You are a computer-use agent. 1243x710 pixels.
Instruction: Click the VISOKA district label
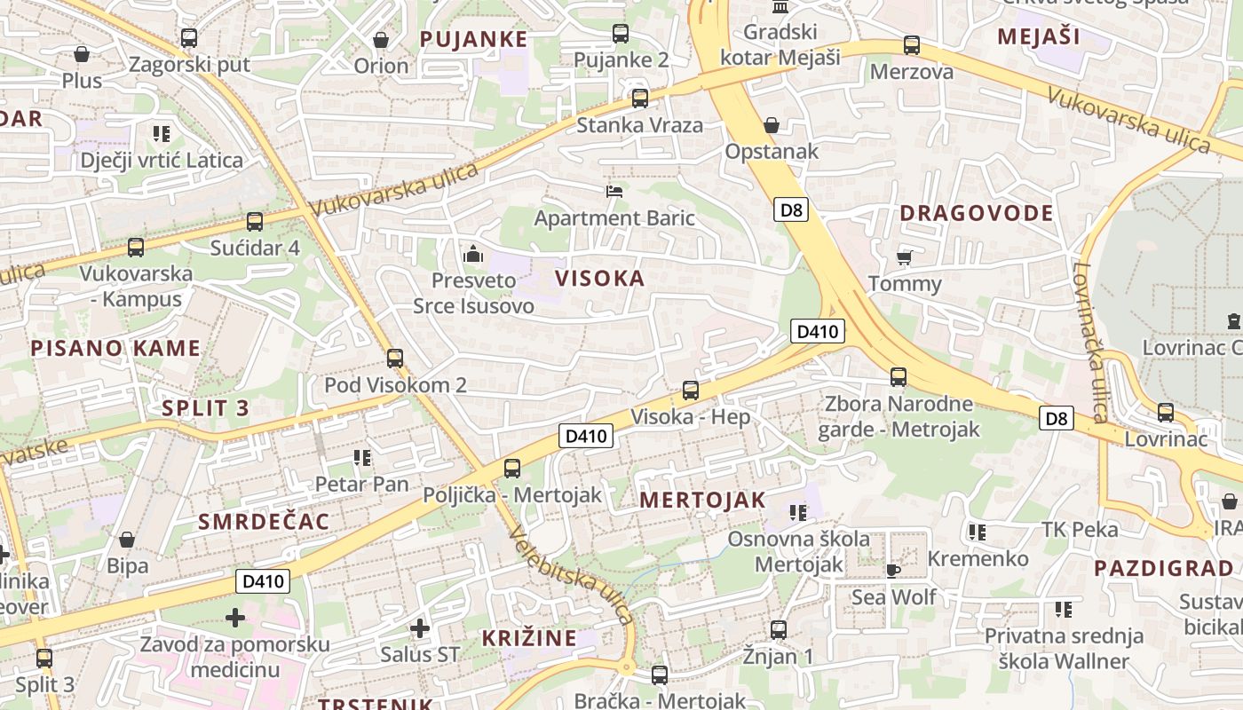tap(600, 278)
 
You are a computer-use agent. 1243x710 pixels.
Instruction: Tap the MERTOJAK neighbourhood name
tap(702, 500)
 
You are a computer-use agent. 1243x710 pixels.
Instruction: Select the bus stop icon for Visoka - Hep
tap(690, 390)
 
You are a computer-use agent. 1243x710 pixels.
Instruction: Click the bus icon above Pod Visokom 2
tap(395, 359)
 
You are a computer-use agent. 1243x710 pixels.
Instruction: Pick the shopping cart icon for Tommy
tap(904, 257)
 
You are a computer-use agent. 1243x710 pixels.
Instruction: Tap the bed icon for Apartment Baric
tap(614, 191)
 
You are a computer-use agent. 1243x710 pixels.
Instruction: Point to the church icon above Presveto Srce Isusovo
tap(473, 256)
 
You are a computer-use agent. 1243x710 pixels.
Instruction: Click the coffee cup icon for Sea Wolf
tap(893, 570)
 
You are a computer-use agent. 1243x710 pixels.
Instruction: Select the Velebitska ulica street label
tap(571, 574)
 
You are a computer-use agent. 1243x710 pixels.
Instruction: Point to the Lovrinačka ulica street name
tap(1088, 342)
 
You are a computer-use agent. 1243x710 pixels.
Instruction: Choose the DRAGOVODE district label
tap(976, 213)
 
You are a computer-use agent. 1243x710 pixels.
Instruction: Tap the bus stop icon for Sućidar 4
tap(255, 221)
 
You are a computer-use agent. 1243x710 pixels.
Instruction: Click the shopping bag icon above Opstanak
tap(772, 125)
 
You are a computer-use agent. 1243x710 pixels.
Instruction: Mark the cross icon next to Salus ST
tap(420, 628)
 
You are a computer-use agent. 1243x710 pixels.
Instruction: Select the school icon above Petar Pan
tap(361, 458)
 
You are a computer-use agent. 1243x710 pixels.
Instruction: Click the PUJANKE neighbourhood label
tap(473, 39)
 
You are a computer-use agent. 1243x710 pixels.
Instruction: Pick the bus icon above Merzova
tap(911, 45)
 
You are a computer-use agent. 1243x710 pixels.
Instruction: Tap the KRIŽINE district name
tap(528, 637)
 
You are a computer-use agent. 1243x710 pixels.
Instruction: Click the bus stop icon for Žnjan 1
tap(779, 630)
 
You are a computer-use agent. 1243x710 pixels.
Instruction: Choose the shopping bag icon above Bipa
tap(127, 540)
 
